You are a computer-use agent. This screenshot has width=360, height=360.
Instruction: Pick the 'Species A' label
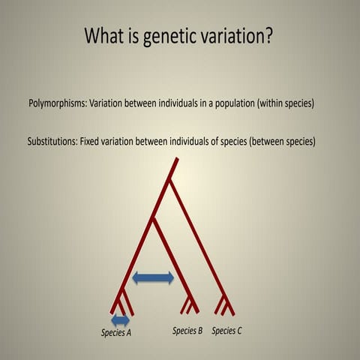pos(116,332)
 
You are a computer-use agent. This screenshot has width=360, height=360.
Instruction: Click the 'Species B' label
pos(187,330)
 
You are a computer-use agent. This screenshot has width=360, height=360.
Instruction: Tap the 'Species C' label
pos(227,330)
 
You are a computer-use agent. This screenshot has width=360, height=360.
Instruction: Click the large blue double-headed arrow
pos(153,278)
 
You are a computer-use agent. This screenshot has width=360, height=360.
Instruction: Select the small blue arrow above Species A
pos(121,319)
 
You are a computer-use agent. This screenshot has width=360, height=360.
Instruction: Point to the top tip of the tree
pos(176,158)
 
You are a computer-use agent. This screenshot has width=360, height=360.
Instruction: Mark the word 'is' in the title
pos(139,35)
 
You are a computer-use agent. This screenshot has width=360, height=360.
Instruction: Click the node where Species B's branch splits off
pos(153,219)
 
